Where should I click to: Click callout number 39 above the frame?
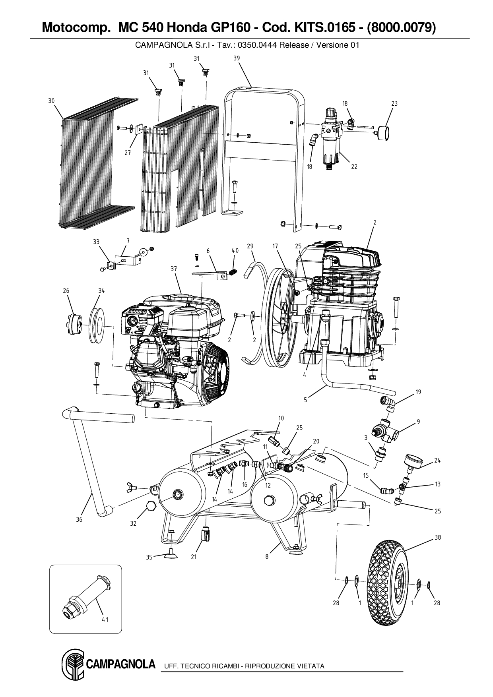coord(237,58)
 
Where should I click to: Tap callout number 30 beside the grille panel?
coord(51,101)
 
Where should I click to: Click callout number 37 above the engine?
coord(173,269)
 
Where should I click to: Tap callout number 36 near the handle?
coord(79,519)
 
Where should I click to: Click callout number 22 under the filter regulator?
coord(354,167)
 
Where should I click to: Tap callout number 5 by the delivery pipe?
coord(305,400)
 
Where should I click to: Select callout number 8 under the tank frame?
coord(267,557)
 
